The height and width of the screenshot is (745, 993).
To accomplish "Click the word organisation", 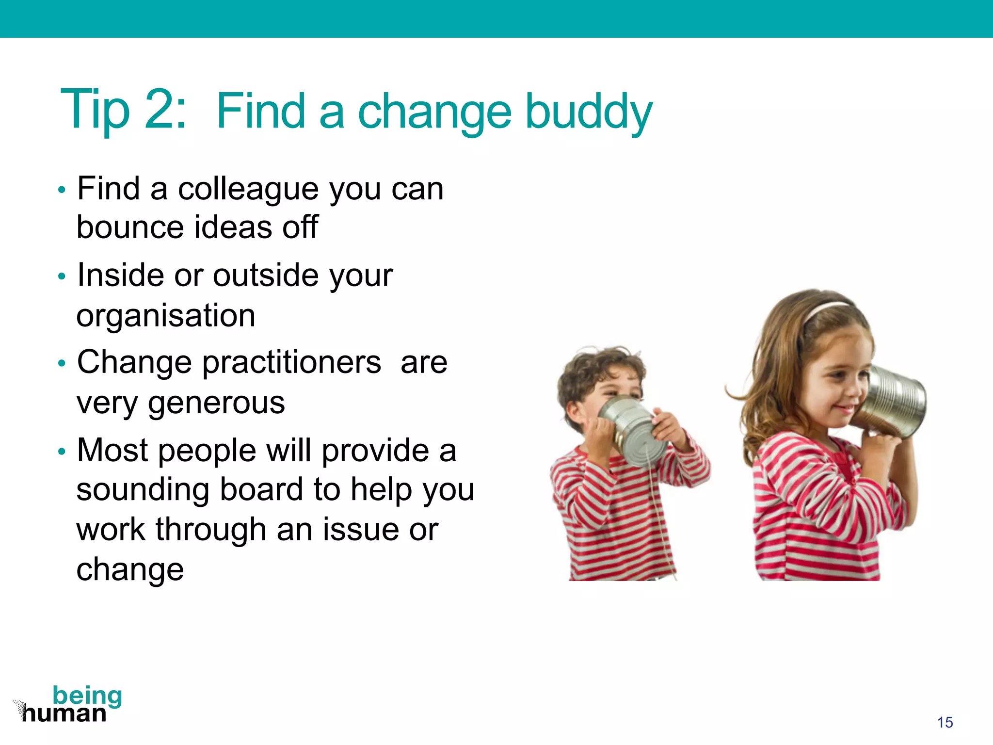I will pos(166,316).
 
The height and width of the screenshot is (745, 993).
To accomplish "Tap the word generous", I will pos(216,403).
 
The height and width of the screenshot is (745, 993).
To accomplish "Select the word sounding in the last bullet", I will pos(143,490).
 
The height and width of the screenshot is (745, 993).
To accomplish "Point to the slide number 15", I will pos(945,722).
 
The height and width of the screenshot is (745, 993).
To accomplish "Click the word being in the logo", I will pos(87,696).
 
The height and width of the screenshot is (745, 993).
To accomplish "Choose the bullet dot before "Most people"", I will pos(61,452).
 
